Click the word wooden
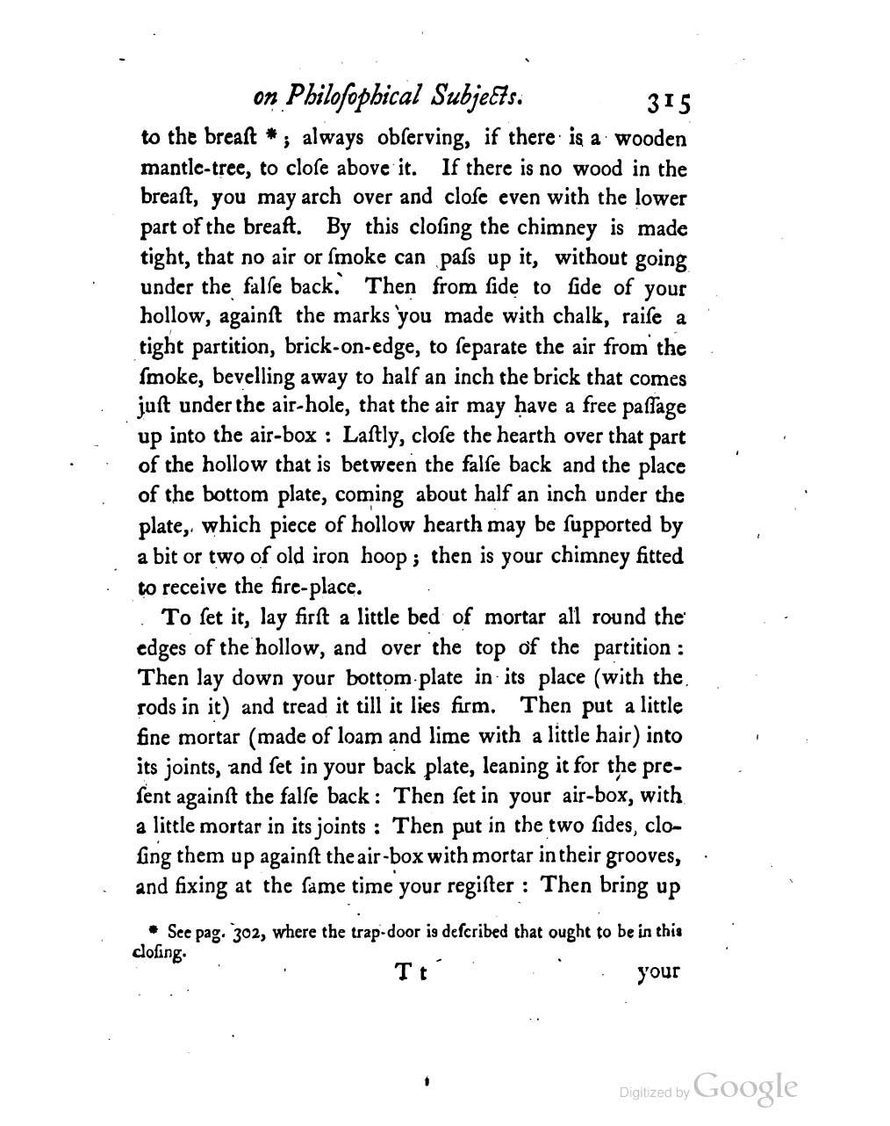(650, 139)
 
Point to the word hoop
(381, 556)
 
